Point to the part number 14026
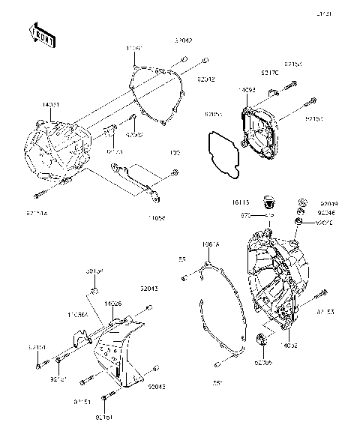[x=114, y=304]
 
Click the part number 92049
[x=328, y=204]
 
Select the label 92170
[x=268, y=73]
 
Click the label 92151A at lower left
[x=35, y=214]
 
